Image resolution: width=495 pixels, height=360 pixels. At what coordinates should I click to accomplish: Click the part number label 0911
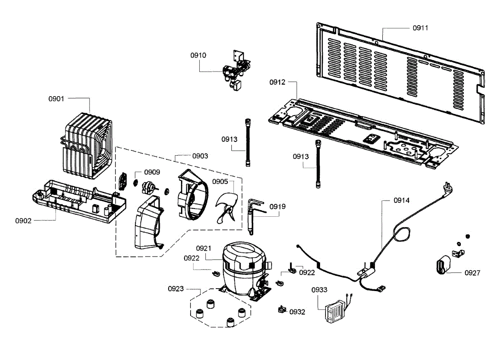click(x=420, y=28)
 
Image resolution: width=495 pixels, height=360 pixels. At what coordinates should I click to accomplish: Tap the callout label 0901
click(x=57, y=99)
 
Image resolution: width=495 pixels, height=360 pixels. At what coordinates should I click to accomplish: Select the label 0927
click(x=472, y=273)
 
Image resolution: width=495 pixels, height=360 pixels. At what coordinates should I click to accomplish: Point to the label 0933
click(x=319, y=290)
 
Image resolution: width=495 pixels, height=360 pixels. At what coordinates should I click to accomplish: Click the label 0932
click(x=297, y=312)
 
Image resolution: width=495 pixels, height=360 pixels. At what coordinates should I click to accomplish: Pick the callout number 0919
click(x=278, y=206)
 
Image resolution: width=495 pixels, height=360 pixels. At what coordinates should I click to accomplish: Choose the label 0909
click(x=152, y=172)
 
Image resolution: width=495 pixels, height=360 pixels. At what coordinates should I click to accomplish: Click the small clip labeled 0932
click(x=282, y=309)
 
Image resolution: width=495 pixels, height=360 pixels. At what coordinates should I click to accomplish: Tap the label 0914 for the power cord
click(x=401, y=200)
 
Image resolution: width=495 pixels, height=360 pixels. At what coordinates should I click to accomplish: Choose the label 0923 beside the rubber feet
click(x=176, y=289)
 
